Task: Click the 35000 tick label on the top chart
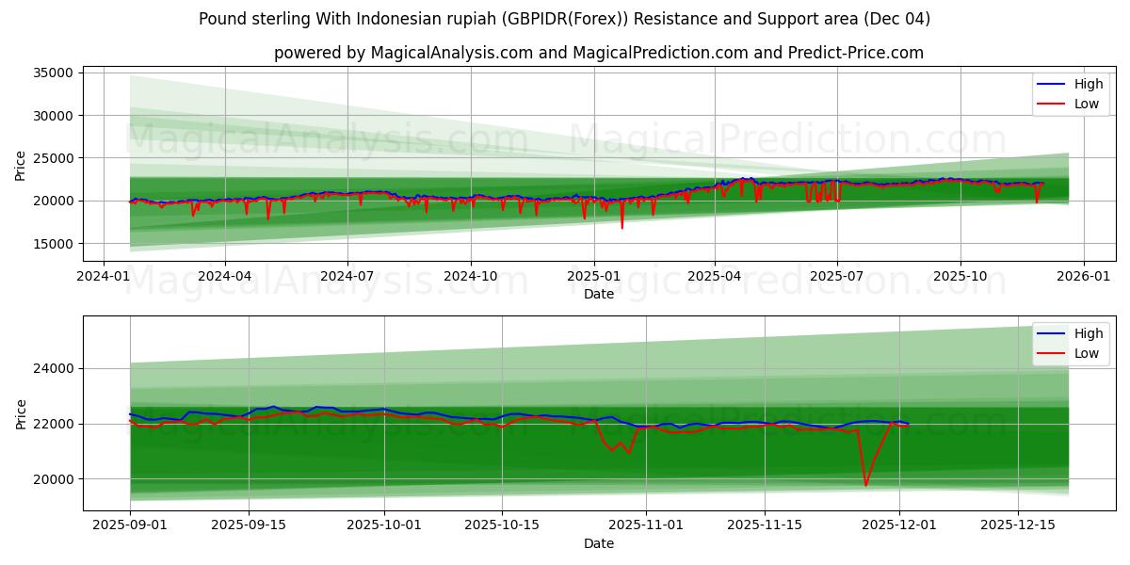53,73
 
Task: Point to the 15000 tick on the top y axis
53,244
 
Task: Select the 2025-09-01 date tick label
130,525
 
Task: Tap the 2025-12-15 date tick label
1018,525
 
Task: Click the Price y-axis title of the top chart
21,166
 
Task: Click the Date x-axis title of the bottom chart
599,543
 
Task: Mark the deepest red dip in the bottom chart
865,485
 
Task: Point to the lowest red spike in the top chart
621,227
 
